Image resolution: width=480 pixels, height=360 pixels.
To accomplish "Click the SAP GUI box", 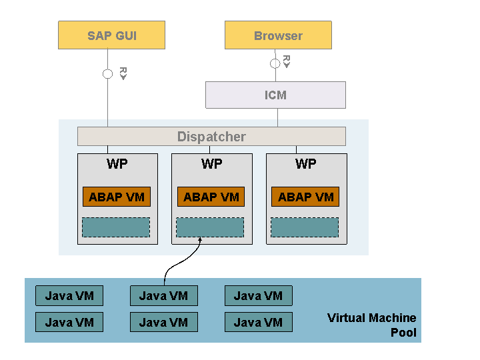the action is pos(112,35).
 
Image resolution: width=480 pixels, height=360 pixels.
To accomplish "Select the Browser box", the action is pos(278,35).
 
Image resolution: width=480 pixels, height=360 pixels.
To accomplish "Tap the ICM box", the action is pos(275,95).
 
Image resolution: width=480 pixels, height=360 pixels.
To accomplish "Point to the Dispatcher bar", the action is pos(211,136).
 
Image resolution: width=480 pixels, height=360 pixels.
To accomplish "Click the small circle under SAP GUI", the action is pos(107,74).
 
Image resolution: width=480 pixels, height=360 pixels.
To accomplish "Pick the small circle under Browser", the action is pos(275,63).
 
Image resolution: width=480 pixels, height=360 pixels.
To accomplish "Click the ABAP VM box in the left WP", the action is pos(117,197).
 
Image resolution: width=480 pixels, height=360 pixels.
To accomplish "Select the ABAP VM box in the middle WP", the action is pos(211,197).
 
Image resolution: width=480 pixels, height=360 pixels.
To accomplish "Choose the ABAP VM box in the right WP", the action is pos(305,197).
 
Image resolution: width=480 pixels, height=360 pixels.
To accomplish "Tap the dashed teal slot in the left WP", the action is pos(116,227).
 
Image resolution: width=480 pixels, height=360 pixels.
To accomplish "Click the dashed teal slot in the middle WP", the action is pos(210,227).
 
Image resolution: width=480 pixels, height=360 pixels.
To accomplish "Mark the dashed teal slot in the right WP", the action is pos(305,227).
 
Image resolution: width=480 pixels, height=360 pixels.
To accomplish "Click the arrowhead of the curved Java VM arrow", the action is pos(200,239).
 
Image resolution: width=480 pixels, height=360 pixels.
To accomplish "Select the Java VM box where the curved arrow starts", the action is pos(164,296).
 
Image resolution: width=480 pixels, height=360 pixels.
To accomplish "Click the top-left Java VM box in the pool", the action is pos(69,296).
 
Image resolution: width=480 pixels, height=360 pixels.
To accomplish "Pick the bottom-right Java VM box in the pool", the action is pos(259,322).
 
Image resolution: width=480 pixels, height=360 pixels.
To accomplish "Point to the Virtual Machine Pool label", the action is pos(371,325).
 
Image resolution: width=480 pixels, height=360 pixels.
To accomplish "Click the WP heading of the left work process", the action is pos(117,164).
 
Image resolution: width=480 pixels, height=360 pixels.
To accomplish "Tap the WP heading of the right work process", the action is pos(306,164).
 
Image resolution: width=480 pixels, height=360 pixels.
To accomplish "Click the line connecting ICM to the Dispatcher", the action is pos(277,117).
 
